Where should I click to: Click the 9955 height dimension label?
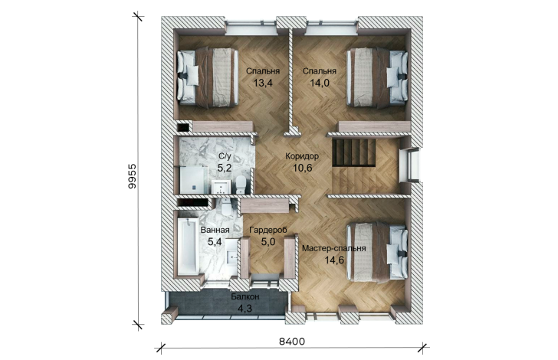tap(132, 176)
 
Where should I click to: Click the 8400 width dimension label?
tap(292, 342)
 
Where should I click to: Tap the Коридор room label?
tap(302, 155)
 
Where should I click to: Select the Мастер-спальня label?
tap(334, 248)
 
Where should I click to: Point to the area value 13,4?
tap(263, 83)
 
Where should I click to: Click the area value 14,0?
tap(320, 83)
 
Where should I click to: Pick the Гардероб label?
tap(268, 230)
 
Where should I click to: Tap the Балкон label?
tap(245, 296)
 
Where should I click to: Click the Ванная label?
tap(215, 230)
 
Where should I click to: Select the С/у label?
tap(225, 155)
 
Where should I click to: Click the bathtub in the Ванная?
tap(188, 246)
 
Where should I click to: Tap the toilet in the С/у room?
tap(241, 185)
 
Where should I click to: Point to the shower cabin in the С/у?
tap(194, 180)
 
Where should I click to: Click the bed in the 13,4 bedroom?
tap(208, 77)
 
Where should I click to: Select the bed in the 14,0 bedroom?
tap(377, 77)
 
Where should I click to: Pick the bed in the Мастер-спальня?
tap(377, 252)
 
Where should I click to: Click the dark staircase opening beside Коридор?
tap(354, 152)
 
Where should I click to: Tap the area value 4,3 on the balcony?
tap(245, 308)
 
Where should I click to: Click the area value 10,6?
tap(303, 168)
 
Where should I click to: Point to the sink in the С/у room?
tap(222, 187)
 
